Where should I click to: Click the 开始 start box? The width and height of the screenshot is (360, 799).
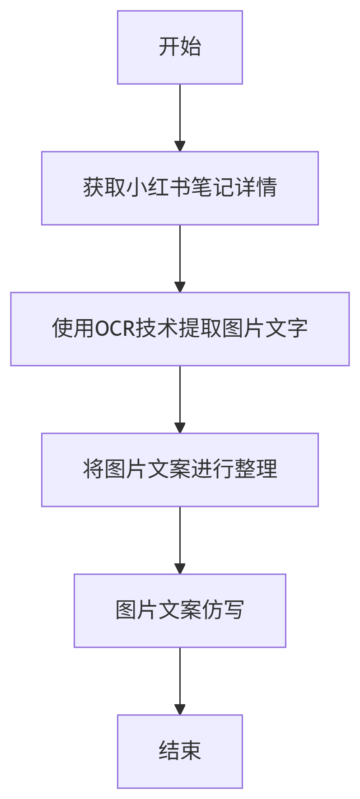click(x=180, y=47)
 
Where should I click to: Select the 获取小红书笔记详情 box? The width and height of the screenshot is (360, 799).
click(x=180, y=188)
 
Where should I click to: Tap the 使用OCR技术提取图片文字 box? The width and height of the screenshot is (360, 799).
click(x=180, y=329)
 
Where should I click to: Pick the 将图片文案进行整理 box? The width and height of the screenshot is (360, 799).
click(x=180, y=470)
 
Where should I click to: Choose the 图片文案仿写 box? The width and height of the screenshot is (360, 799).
click(x=180, y=611)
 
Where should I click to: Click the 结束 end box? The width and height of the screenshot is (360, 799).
click(x=180, y=752)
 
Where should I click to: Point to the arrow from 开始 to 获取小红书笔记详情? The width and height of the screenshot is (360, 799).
click(x=180, y=118)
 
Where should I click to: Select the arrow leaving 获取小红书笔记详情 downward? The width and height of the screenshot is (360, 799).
click(x=180, y=259)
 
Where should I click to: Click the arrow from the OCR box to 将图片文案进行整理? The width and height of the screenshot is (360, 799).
click(x=180, y=399)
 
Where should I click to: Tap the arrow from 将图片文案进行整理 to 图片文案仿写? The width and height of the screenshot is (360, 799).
click(x=180, y=540)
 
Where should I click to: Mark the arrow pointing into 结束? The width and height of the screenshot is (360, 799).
click(x=180, y=681)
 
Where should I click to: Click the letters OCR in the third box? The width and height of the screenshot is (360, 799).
click(x=115, y=328)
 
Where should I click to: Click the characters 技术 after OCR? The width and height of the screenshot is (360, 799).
click(x=157, y=328)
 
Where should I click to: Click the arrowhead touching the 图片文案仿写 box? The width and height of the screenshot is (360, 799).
click(x=180, y=569)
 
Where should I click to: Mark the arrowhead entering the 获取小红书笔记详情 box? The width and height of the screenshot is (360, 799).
click(x=180, y=146)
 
